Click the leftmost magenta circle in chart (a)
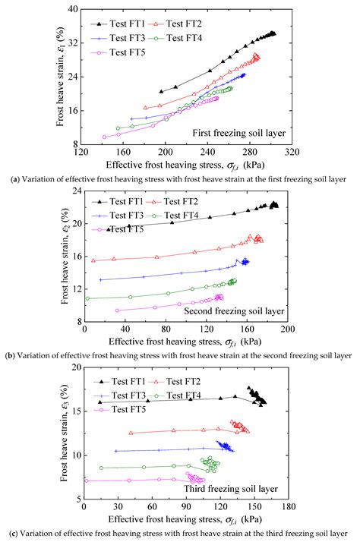104,137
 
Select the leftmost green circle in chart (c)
101,468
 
